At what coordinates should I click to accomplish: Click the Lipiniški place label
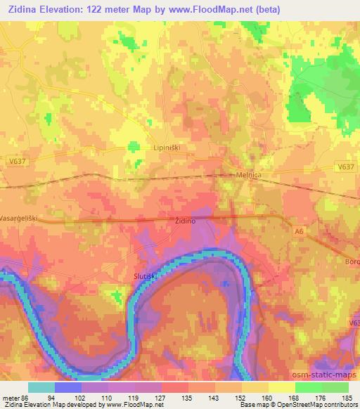click(x=168, y=149)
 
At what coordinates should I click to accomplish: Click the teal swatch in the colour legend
click(x=41, y=387)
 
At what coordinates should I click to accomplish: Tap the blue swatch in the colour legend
click(x=68, y=387)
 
